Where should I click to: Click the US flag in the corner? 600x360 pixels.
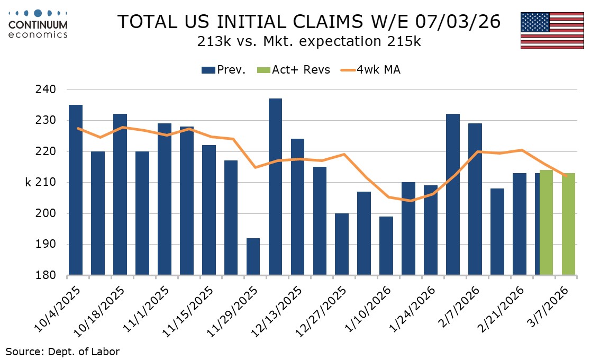tap(552, 30)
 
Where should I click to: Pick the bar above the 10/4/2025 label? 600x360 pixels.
tap(76, 190)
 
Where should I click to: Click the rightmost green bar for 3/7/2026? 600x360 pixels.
tap(568, 224)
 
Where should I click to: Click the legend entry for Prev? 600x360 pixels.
tap(224, 70)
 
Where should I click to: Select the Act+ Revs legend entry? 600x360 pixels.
tap(294, 70)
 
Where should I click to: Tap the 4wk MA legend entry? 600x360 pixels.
tap(370, 70)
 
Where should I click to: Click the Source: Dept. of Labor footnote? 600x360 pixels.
tap(62, 351)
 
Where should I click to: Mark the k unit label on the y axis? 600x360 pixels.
tap(29, 183)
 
